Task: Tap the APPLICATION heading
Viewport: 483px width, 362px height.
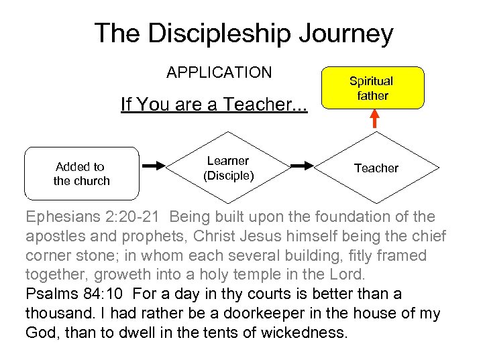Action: point(219,72)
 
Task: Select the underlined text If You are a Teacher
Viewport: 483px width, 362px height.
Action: point(213,105)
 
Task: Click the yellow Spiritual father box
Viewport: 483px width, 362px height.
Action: point(372,88)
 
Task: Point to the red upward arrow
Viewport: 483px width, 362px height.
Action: point(374,119)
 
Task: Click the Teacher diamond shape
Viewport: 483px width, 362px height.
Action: point(376,168)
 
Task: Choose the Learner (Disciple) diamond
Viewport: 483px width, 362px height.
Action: point(227,168)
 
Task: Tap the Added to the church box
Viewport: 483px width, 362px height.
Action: point(81,173)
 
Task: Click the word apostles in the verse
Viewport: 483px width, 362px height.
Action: point(53,237)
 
